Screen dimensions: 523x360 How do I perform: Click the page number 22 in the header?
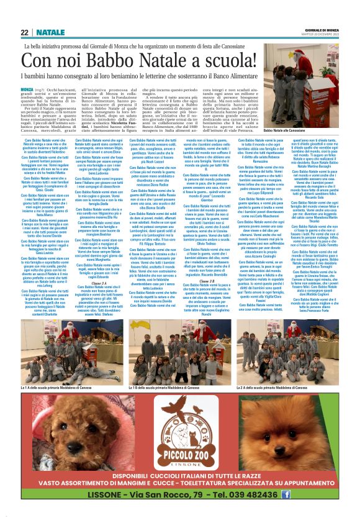pyautogui.click(x=25, y=32)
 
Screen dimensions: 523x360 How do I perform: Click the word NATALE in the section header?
pyautogui.click(x=50, y=32)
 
